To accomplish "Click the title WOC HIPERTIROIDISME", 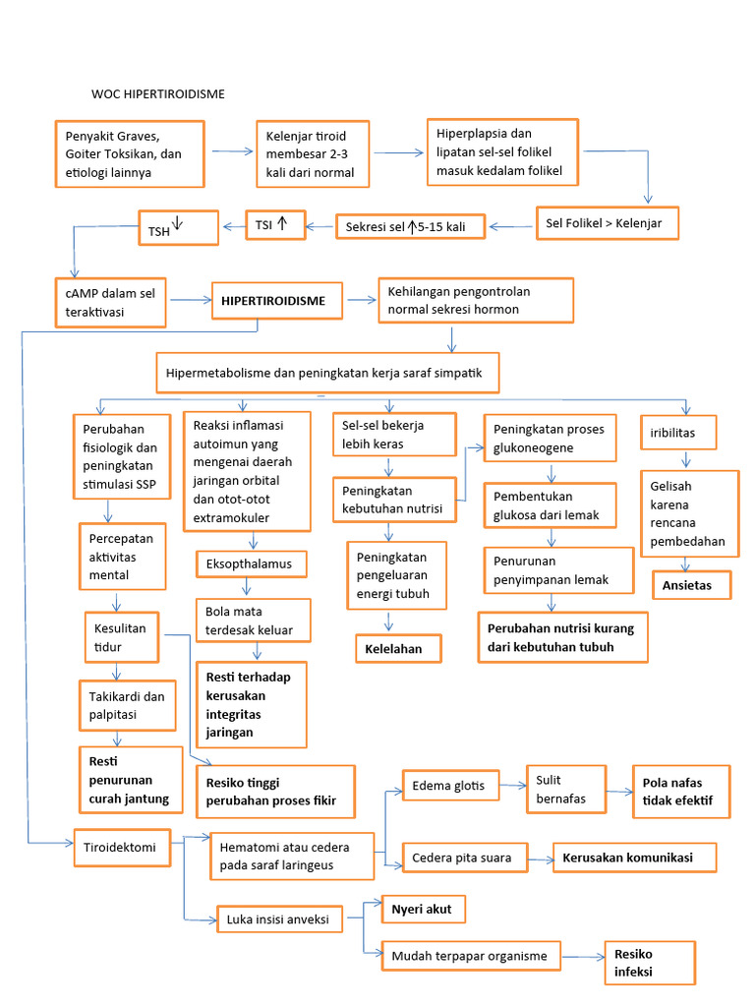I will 158,94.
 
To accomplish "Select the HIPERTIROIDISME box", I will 272,300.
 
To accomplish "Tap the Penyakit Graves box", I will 128,153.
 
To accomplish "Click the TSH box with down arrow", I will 176,227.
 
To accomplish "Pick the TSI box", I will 276,225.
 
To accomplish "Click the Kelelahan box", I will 397,649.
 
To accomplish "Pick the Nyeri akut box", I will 423,910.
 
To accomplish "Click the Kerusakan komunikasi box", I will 634,859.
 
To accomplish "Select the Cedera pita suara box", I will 462,859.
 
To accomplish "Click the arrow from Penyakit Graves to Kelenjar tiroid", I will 233,151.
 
